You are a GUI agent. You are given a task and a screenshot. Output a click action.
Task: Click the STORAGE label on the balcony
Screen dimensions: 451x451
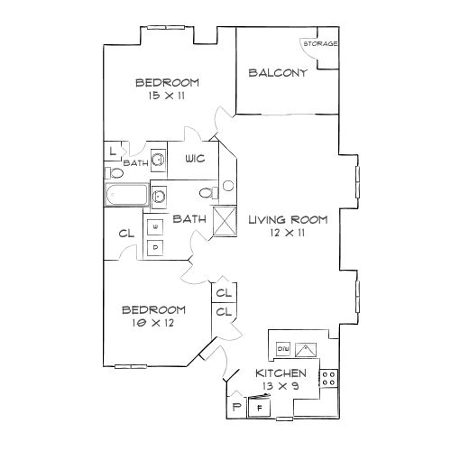pyautogui.click(x=320, y=43)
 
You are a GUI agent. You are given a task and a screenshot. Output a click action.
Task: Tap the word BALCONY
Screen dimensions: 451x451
pyautogui.click(x=278, y=73)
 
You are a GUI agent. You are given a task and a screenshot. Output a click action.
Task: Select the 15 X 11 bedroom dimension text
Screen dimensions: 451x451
pyautogui.click(x=167, y=96)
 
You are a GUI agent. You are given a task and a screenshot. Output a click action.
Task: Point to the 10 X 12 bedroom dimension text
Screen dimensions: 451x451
pyautogui.click(x=153, y=323)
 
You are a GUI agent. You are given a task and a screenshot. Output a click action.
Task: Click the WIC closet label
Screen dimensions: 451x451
pyautogui.click(x=195, y=159)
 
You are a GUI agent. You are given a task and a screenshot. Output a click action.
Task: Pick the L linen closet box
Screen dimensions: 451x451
pyautogui.click(x=112, y=151)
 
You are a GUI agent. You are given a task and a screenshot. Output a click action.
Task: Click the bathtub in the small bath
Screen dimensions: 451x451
pyautogui.click(x=126, y=195)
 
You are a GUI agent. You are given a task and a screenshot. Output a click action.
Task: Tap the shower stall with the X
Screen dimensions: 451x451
pyautogui.click(x=225, y=220)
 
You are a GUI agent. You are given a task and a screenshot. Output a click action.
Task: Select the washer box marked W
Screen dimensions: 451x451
pyautogui.click(x=155, y=227)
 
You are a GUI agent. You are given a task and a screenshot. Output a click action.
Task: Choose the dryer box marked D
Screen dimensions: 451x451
pyautogui.click(x=155, y=248)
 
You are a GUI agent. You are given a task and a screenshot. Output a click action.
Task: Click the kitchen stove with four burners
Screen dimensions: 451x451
pyautogui.click(x=328, y=378)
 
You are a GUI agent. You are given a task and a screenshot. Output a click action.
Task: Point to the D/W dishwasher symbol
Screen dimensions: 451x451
pyautogui.click(x=283, y=349)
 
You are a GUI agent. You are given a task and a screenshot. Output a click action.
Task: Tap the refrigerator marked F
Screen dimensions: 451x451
pyautogui.click(x=259, y=408)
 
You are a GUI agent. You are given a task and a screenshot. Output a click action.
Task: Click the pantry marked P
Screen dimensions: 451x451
pyautogui.click(x=237, y=407)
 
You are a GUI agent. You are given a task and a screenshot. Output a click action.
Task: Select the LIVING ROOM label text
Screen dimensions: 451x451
pyautogui.click(x=288, y=220)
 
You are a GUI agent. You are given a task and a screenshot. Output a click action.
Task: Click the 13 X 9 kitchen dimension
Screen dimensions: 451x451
pyautogui.click(x=281, y=386)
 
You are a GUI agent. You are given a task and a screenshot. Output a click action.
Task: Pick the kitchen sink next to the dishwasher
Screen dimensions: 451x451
pyautogui.click(x=306, y=350)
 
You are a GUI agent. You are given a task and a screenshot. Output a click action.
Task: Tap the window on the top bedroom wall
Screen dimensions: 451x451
pyautogui.click(x=166, y=28)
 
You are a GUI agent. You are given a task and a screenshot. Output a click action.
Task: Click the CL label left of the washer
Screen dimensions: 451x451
pyautogui.click(x=126, y=234)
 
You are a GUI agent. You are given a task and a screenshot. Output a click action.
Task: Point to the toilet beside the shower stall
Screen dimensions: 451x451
pyautogui.click(x=209, y=193)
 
